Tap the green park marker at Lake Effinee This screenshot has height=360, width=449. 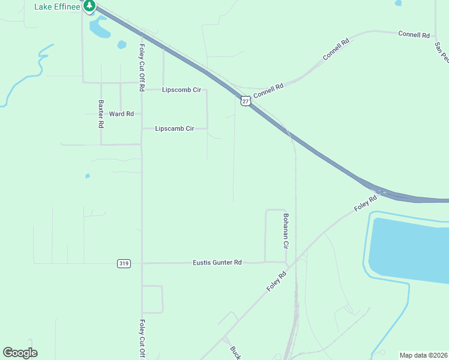89,6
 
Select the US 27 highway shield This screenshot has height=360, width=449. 246,100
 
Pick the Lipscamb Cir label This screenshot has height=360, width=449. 175,128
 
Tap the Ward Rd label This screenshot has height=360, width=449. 121,113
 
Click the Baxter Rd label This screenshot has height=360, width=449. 101,114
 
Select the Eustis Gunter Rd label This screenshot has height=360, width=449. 217,263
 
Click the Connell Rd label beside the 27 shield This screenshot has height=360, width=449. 268,91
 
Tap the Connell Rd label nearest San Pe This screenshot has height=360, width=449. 414,34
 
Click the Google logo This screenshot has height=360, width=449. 20,352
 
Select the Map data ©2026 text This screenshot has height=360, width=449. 423,355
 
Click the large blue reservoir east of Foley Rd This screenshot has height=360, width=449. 412,249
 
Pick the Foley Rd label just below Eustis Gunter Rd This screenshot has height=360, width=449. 277,281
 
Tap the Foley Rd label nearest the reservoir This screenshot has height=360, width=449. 365,202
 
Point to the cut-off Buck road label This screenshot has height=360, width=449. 235,352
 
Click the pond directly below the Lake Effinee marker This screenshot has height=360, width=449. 98,27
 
